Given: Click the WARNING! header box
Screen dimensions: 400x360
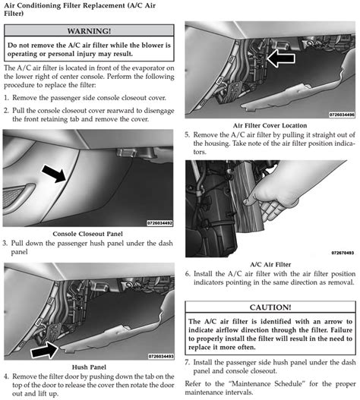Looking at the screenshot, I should click(90, 31).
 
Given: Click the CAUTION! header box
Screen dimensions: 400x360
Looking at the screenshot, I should click(270, 307).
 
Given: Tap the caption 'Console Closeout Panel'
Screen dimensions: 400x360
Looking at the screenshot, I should click(90, 233).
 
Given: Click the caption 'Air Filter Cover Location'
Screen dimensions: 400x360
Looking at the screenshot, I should click(270, 124).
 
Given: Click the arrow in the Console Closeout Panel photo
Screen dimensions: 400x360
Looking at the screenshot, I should click(52, 176).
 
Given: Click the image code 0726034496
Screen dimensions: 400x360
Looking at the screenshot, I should click(340, 115).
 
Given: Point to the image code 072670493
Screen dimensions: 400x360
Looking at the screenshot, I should click(343, 253).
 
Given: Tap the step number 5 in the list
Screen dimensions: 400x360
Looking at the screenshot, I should click(188, 134).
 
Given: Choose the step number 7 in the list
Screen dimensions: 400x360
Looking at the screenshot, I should click(188, 363).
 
